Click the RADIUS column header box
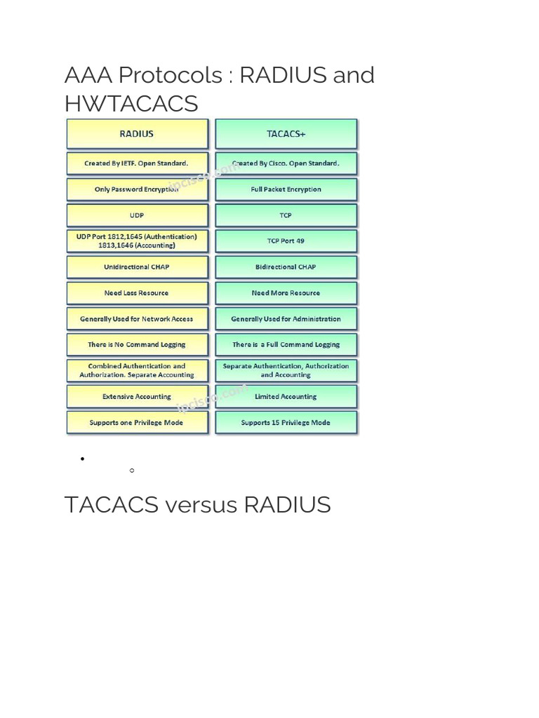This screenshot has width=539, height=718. (x=137, y=133)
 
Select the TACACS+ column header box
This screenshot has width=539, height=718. (x=286, y=133)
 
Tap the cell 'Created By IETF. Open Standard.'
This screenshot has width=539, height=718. (x=137, y=163)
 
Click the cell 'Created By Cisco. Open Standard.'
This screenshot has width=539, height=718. (x=286, y=163)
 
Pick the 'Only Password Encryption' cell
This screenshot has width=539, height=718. (x=137, y=189)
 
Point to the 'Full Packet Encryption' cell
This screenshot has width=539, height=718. (x=286, y=189)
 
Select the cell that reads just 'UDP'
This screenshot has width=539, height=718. (x=137, y=215)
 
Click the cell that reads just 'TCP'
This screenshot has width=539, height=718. (x=286, y=215)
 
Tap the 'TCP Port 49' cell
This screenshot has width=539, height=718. (x=286, y=241)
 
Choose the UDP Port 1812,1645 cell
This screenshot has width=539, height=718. (x=137, y=241)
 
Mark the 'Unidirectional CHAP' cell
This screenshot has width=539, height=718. (x=137, y=266)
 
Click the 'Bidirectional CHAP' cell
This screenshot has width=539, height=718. (x=286, y=266)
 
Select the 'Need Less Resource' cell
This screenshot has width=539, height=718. (x=137, y=293)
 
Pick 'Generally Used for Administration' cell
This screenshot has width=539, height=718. (x=286, y=319)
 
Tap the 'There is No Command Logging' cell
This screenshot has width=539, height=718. (x=137, y=344)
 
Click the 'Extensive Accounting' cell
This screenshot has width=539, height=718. (x=137, y=396)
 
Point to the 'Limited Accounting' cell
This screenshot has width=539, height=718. (x=286, y=396)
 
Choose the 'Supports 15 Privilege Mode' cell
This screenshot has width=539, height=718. (x=286, y=423)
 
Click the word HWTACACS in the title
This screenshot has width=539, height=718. (x=131, y=104)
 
